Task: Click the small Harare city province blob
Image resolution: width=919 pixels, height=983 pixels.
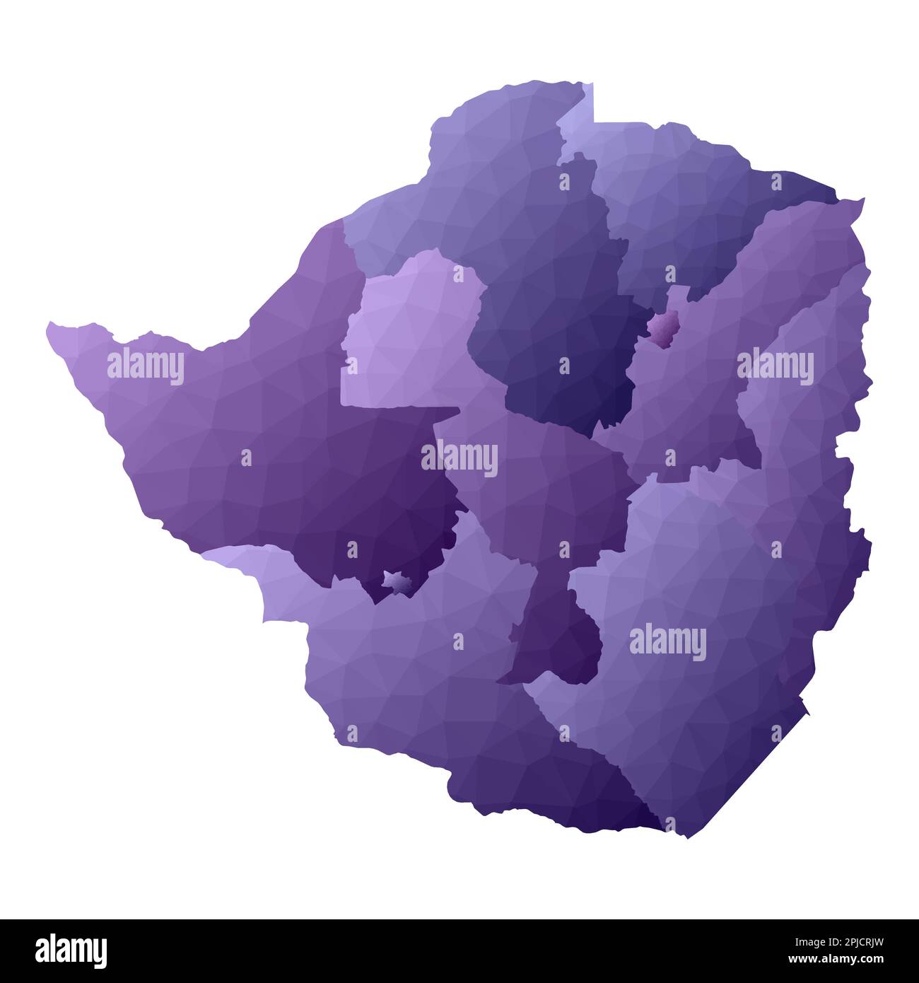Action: [665, 327]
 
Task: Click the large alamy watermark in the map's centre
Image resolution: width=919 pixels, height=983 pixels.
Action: [459, 458]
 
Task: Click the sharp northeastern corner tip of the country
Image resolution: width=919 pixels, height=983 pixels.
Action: [862, 199]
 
